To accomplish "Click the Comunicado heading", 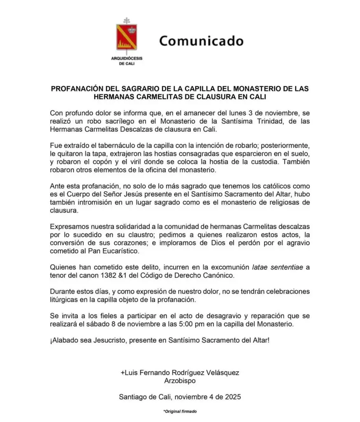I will pos(201,41).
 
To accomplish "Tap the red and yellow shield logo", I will pos(126,38).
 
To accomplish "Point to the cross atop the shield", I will pos(126,20).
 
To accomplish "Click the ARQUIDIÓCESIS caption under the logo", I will pos(127,59).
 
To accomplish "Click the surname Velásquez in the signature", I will pos(219,372).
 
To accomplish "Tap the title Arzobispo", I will pos(179,380).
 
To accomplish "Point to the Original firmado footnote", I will pos(180,412).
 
